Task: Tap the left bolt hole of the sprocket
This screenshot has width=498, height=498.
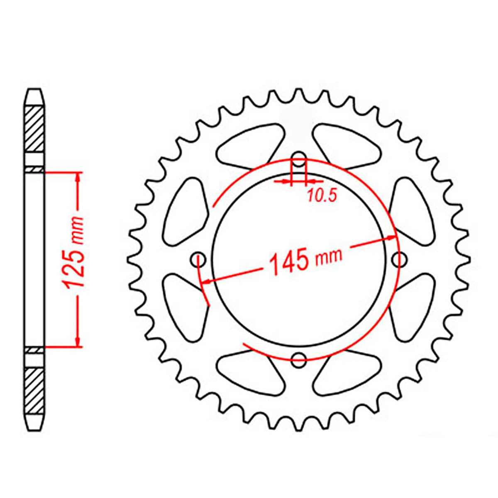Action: click(198, 260)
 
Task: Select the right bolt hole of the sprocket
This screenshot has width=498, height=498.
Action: click(399, 260)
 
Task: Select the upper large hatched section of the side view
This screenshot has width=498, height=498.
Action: click(34, 129)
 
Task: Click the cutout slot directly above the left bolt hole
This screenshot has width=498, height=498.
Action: click(186, 211)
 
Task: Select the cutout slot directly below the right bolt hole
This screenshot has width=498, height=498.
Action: click(412, 308)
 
